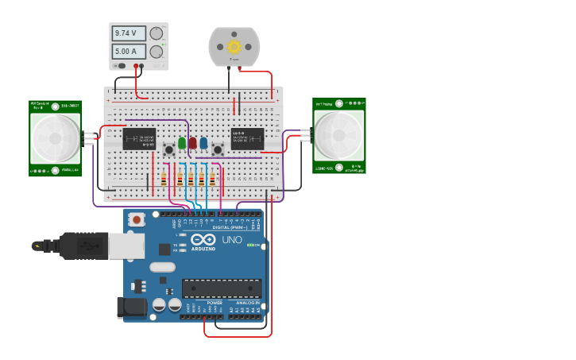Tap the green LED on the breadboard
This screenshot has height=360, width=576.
pos(182,143)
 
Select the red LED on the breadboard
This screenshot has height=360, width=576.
pos(192,143)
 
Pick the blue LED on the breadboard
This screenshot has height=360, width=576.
pos(203,143)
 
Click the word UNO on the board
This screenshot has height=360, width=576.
pos(232,239)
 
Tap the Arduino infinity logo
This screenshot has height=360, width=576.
pos(203,239)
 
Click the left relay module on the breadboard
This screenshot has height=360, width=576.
pos(139,138)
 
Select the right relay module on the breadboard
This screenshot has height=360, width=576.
pos(247,138)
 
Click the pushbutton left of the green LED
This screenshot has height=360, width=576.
pos(169,150)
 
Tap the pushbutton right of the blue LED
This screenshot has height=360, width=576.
pos(217,150)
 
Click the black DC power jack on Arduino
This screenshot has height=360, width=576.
pos(130,308)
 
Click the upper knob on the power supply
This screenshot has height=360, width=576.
pos(157,33)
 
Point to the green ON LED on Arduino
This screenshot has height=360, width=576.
pos(249,245)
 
